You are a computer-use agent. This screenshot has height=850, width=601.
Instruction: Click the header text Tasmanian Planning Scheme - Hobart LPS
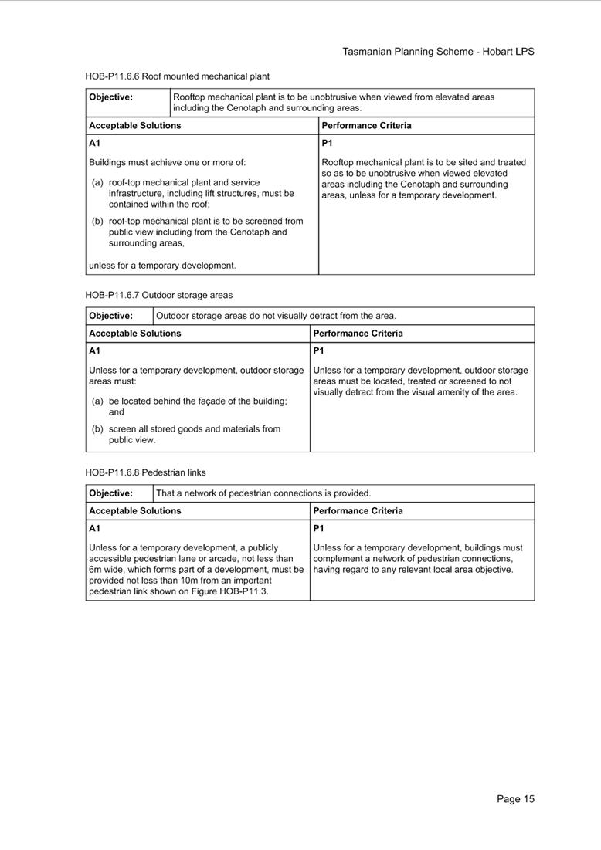pos(438,52)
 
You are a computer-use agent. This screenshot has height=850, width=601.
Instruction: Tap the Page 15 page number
pos(515,799)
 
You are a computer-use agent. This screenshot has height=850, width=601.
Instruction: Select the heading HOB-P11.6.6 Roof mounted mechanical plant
pos(177,76)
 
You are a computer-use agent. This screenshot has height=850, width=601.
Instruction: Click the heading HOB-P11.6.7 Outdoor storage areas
pos(158,295)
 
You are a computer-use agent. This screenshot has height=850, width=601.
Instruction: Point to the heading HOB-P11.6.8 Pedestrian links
pos(145,472)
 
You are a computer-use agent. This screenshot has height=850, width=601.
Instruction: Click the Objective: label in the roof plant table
pos(110,97)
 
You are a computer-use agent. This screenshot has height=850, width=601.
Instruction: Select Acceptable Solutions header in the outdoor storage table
pos(134,334)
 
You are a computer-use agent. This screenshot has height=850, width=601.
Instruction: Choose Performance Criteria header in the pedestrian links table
pos(358,511)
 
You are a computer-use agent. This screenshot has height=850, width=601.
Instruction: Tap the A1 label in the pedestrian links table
pos(94,529)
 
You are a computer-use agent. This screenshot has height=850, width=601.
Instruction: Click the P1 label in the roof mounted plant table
pos(327,144)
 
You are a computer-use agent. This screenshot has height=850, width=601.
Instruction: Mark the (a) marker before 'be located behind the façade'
pos(97,401)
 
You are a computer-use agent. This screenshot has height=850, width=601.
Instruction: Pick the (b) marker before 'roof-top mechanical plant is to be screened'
pos(97,221)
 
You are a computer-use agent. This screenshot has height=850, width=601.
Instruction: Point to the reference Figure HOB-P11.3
pos(229,591)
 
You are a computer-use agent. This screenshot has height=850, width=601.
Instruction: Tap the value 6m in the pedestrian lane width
pos(96,570)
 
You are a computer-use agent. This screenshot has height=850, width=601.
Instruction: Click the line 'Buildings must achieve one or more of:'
pos(167,163)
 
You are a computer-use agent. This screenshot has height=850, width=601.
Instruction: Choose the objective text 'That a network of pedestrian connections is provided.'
pos(263,493)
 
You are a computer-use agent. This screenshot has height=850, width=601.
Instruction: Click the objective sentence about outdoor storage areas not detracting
pos(276,316)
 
